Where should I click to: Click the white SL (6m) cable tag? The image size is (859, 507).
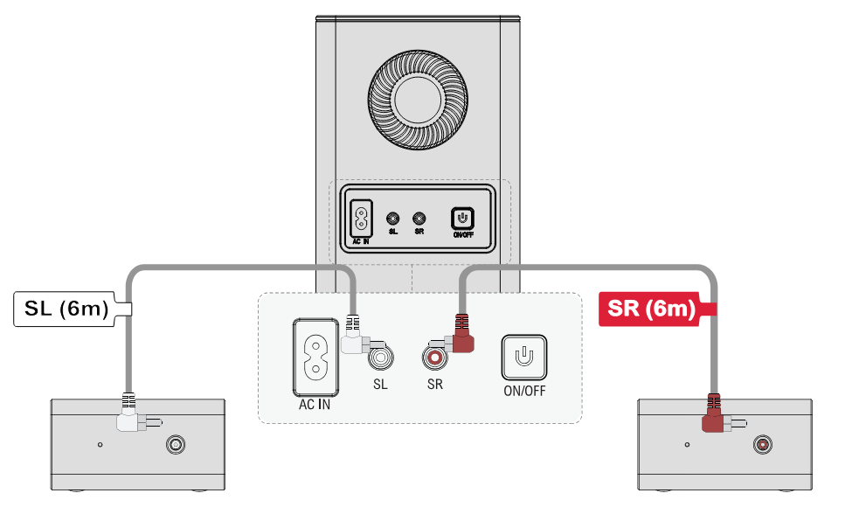[71, 309]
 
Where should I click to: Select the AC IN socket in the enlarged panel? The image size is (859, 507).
[315, 358]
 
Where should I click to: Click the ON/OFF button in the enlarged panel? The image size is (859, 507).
[524, 358]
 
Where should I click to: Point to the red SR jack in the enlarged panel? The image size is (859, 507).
[435, 358]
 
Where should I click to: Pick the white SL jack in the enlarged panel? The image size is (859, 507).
[381, 358]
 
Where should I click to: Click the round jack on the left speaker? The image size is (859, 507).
[176, 445]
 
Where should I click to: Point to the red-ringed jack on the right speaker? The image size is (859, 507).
[762, 444]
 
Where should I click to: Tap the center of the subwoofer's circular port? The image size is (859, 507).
[418, 99]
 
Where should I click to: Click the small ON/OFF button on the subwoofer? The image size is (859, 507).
[462, 219]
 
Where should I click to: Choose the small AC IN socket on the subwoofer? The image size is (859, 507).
[361, 219]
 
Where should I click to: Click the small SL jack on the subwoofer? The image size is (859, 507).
[392, 219]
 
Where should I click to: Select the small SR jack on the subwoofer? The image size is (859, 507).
[419, 219]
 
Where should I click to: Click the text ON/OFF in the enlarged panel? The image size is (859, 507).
[525, 391]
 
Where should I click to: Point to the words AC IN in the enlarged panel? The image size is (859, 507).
[315, 405]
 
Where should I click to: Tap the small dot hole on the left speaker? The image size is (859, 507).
[100, 445]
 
